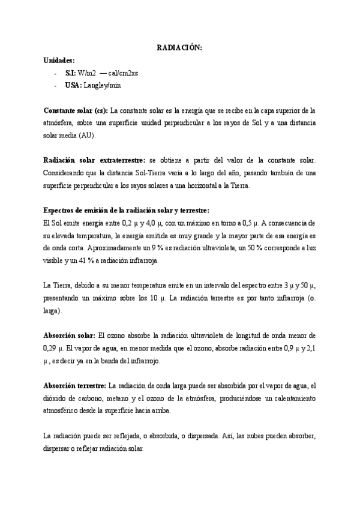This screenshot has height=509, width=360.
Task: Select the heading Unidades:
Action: pyautogui.click(x=59, y=60)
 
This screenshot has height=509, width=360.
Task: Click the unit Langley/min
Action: pyautogui.click(x=106, y=85)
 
